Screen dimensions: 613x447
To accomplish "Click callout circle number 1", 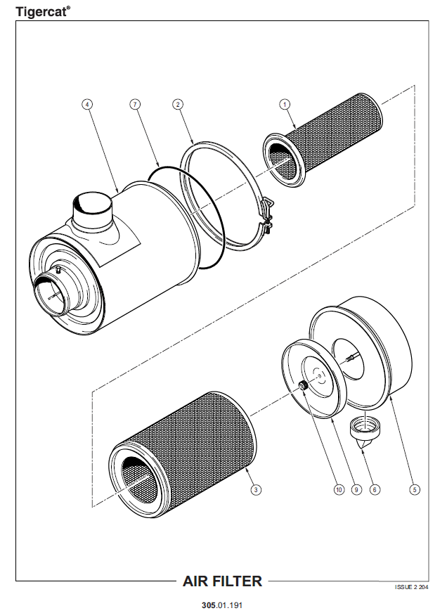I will pyautogui.click(x=285, y=104).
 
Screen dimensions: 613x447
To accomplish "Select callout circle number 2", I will pyautogui.click(x=179, y=104).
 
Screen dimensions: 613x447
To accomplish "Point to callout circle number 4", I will pyautogui.click(x=87, y=104).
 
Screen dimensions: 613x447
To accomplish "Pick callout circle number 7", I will pyautogui.click(x=135, y=104).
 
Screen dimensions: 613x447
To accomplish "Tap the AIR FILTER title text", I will pyautogui.click(x=222, y=581).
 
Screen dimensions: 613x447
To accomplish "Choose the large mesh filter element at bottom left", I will pyautogui.click(x=176, y=457).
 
